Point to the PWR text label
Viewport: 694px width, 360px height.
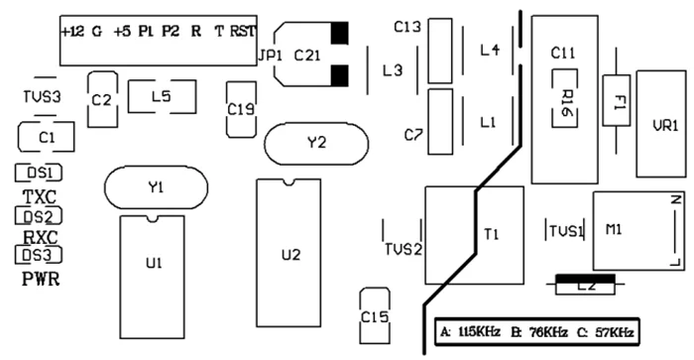coord(41,280)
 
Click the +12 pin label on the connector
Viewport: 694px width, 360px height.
coord(72,32)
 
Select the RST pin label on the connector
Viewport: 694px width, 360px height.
coord(243,32)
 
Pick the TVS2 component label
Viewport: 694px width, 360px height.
coord(404,250)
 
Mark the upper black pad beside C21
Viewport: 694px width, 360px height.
coord(339,33)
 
